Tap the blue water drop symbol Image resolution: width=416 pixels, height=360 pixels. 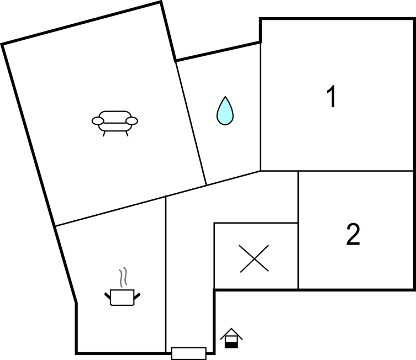coord(225,111)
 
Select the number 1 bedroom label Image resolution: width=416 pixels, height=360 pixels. coord(331,96)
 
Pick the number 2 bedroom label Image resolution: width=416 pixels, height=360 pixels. coord(353,234)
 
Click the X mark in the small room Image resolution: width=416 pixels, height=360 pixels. coord(254,258)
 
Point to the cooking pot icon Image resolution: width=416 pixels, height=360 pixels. coord(122,297)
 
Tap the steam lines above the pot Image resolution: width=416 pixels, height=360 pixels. coord(123,277)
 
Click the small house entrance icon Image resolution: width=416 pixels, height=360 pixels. coord(231,338)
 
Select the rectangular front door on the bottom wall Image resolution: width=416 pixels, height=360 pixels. coord(188,353)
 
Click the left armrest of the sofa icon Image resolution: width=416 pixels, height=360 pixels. coord(98,121)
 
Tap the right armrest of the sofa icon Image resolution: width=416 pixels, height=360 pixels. coord(132,121)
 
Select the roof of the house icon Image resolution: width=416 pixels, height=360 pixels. coord(231,333)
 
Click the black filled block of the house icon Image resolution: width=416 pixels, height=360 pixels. coord(231,345)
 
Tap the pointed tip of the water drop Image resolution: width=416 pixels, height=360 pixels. coord(225,97)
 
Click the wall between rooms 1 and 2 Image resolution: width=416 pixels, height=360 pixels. coord(337,171)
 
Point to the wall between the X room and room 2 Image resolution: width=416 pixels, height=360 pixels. coord(298,256)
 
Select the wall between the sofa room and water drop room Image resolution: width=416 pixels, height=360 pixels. coord(191,123)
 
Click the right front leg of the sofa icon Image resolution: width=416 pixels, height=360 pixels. coord(127,134)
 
